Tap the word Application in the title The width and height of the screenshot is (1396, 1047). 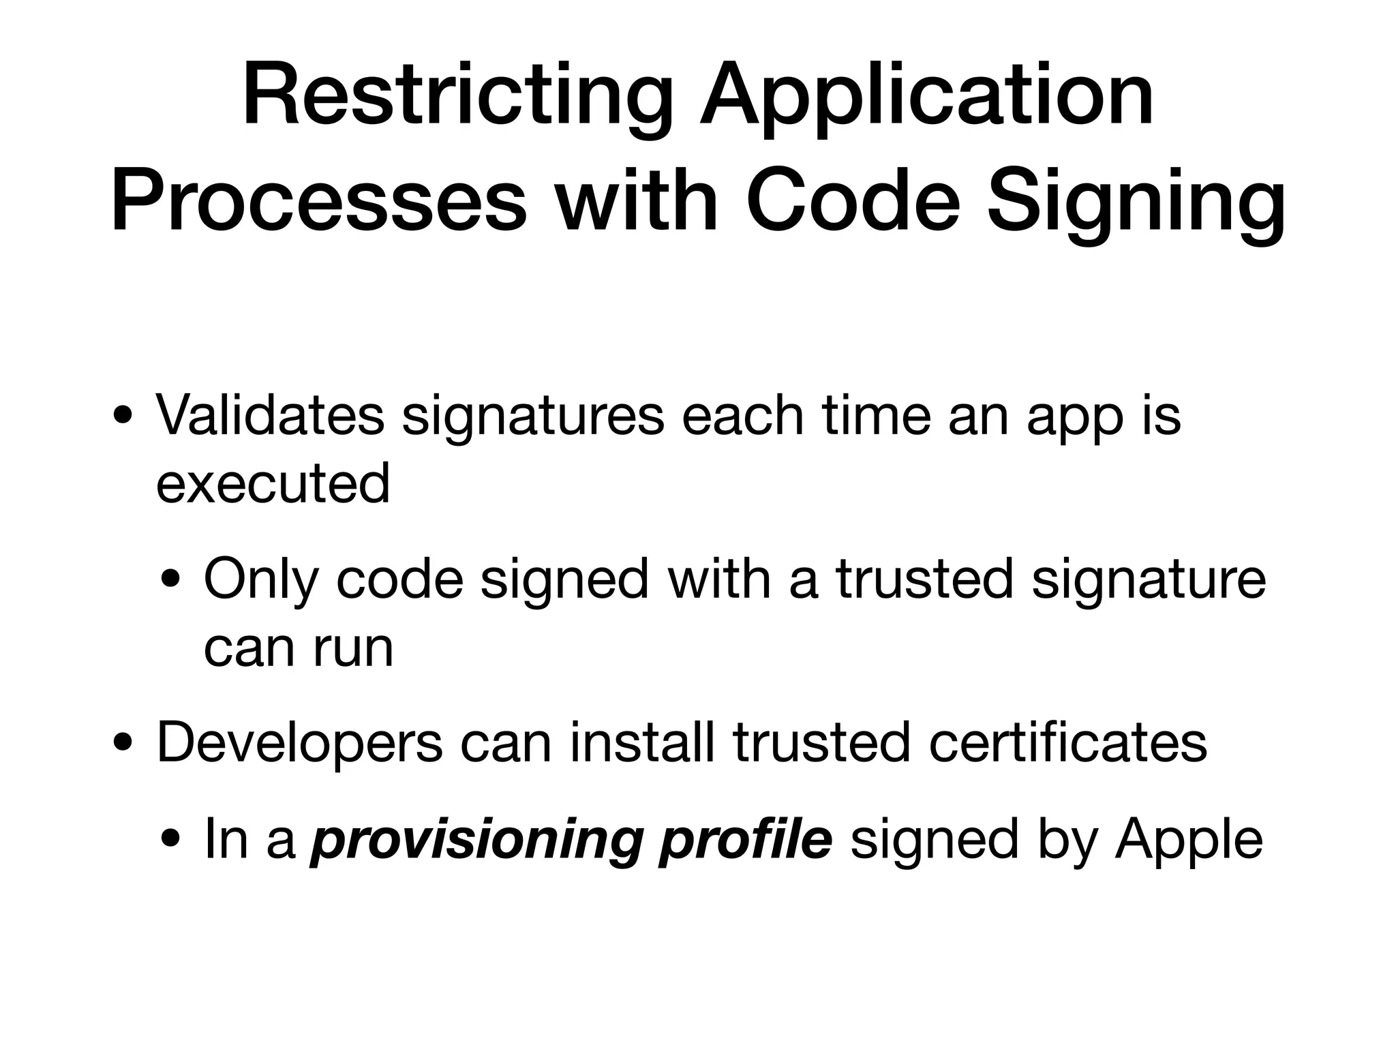pyautogui.click(x=928, y=95)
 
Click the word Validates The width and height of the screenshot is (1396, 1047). pyautogui.click(x=271, y=415)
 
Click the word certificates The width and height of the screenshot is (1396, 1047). pyautogui.click(x=1067, y=742)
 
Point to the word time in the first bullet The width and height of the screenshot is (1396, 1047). pyautogui.click(x=877, y=415)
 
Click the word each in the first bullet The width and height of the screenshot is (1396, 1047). pyautogui.click(x=743, y=415)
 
